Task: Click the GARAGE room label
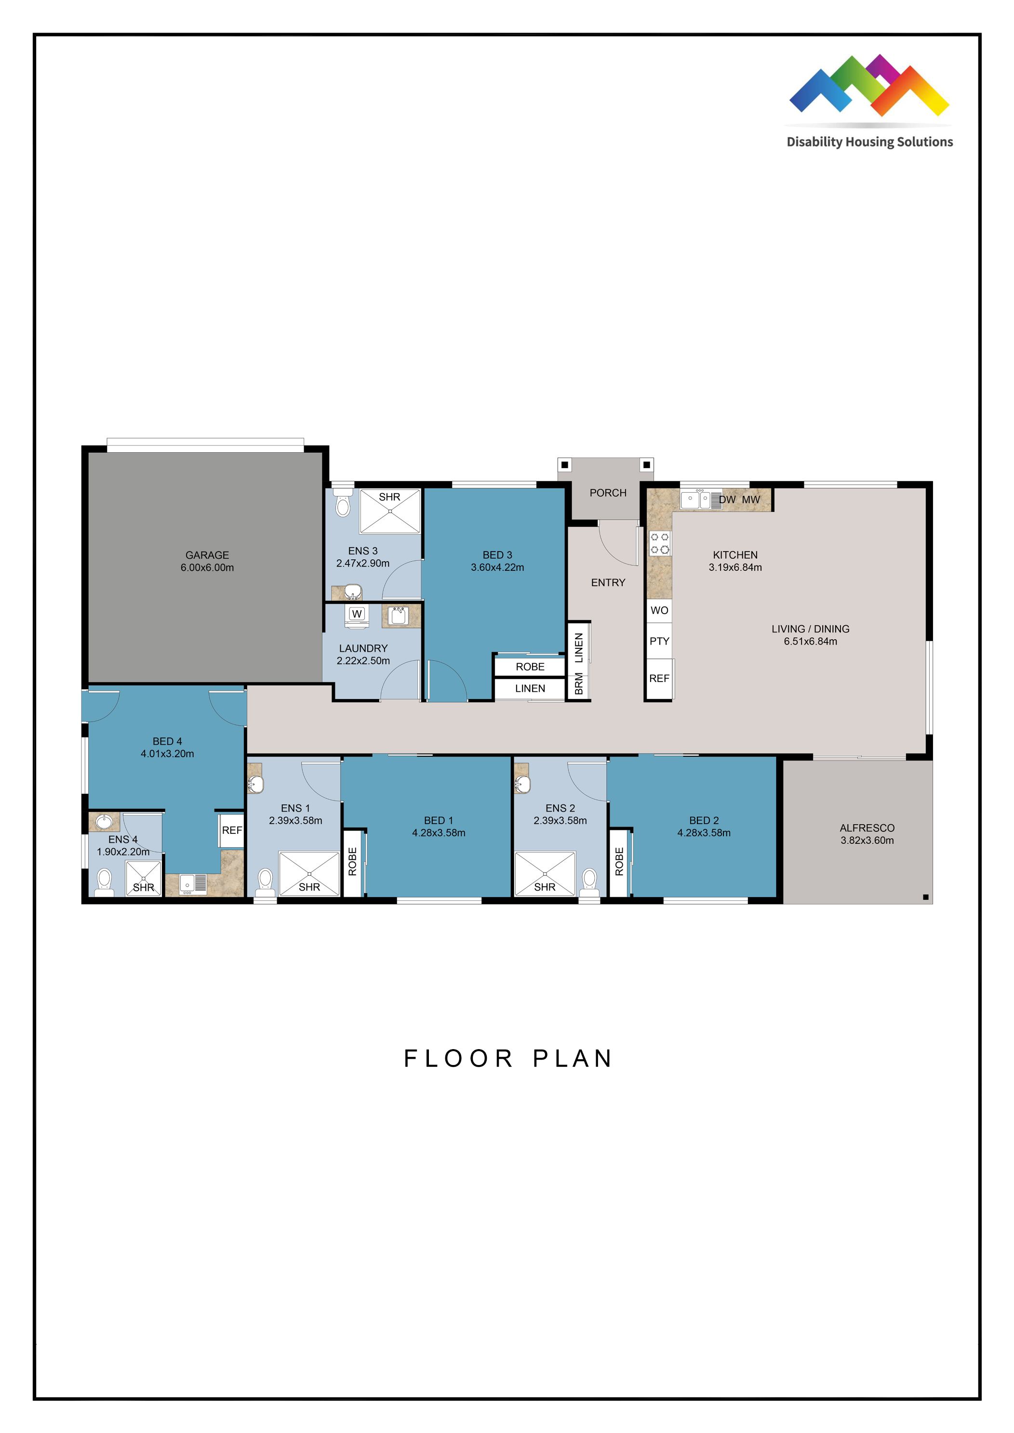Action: [x=207, y=555]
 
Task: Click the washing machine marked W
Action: [x=357, y=614]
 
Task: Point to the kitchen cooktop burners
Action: [x=659, y=543]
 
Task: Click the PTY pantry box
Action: [x=659, y=641]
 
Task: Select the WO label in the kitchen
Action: [x=659, y=610]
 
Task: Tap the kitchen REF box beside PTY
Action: [x=659, y=678]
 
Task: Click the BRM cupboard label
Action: [x=579, y=684]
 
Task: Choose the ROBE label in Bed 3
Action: [x=530, y=667]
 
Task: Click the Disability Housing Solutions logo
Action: [x=869, y=100]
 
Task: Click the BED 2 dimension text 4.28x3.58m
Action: [x=704, y=833]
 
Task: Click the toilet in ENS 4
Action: [x=104, y=882]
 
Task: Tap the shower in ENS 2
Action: [x=545, y=874]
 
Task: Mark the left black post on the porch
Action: [x=564, y=465]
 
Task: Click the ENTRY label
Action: [x=608, y=582]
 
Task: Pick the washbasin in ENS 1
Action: [x=255, y=783]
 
